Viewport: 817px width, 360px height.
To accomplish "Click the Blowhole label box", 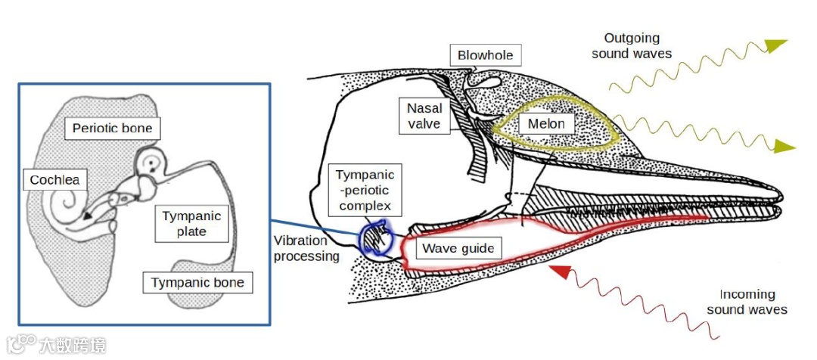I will pos(486,55).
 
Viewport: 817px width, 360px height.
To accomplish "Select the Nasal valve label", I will pos(424,116).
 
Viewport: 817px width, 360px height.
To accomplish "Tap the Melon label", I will pos(546,123).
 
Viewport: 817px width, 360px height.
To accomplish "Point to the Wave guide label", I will pos(458,248).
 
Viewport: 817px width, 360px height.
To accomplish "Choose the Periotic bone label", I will pos(112,128).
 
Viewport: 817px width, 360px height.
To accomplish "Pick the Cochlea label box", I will pos(54,180).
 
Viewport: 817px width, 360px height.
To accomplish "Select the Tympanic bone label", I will pos(197,282).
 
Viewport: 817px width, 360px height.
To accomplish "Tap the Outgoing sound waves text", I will pos(632,45).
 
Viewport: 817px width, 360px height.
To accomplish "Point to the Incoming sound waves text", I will pos(747,302).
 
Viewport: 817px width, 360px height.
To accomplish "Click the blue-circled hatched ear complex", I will pos(375,237).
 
